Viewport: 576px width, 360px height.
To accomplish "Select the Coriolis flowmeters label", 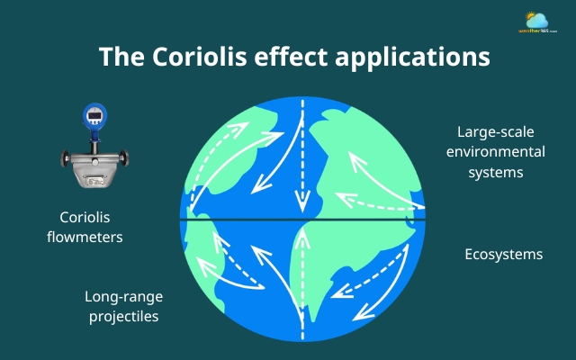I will (91, 228).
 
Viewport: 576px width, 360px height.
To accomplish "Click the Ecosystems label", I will (503, 254).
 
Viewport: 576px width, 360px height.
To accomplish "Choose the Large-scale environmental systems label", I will (490, 150).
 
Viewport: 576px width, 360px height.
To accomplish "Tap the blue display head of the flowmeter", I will (93, 116).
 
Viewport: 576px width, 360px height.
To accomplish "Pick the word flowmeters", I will (91, 238).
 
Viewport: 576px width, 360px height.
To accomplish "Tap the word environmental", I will (490, 150).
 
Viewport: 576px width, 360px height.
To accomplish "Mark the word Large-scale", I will (490, 131).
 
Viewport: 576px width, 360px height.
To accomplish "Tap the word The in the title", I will (119, 56).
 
